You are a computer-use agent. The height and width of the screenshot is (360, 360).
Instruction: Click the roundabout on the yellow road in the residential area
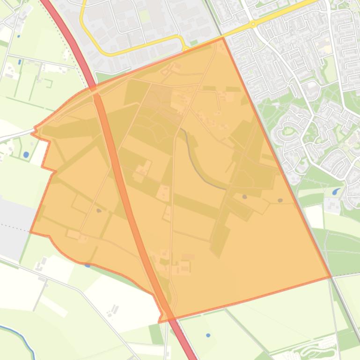pyautogui.click(x=253, y=23)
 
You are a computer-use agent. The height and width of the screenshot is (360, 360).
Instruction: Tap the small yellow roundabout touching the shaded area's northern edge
pyautogui.click(x=186, y=48)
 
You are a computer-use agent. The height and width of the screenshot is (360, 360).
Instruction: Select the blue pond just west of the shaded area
pyautogui.click(x=26, y=154)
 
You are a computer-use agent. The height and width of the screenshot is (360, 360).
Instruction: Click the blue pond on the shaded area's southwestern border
pyautogui.click(x=88, y=265)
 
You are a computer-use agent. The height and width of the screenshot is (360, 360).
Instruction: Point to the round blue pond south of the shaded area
pyautogui.click(x=208, y=335)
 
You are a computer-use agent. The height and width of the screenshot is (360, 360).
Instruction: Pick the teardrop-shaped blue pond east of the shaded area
pyautogui.click(x=336, y=192)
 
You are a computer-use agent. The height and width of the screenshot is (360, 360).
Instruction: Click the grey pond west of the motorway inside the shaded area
pyautogui.click(x=99, y=211)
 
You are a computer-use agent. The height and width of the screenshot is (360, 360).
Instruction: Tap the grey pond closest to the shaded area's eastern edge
pyautogui.click(x=280, y=201)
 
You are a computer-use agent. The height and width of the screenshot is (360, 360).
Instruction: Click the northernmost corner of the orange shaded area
pyautogui.click(x=222, y=38)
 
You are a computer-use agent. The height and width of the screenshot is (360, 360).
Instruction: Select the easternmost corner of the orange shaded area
pyautogui.click(x=331, y=277)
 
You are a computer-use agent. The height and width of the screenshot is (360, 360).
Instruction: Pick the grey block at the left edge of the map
pyautogui.click(x=12, y=224)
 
